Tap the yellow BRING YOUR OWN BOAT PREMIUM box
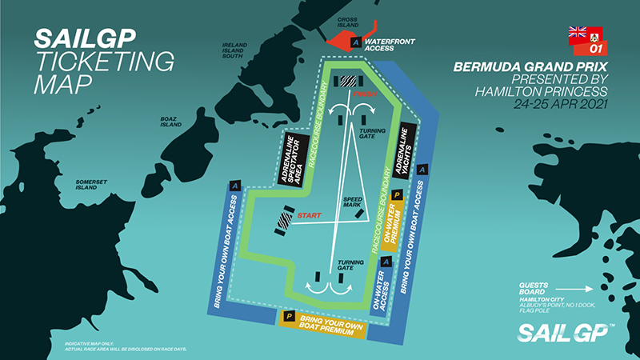(x=320, y=322)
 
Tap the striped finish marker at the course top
(x=347, y=79)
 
